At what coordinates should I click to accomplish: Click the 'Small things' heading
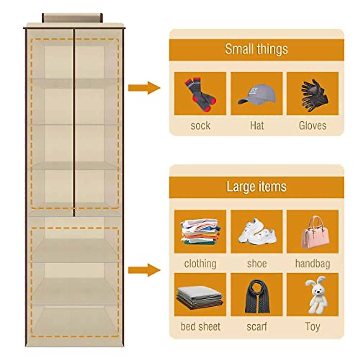(x=256, y=49)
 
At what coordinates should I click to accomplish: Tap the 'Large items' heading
(x=256, y=187)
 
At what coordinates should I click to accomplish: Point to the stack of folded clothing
(x=200, y=231)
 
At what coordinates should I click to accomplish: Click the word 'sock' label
(x=200, y=125)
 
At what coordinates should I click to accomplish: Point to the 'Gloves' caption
(x=313, y=125)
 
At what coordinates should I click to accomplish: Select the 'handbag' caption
(x=313, y=264)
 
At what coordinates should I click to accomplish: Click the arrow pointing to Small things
(x=144, y=88)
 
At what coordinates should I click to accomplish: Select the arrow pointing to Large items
(x=144, y=270)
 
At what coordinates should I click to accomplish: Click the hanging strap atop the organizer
(x=72, y=18)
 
